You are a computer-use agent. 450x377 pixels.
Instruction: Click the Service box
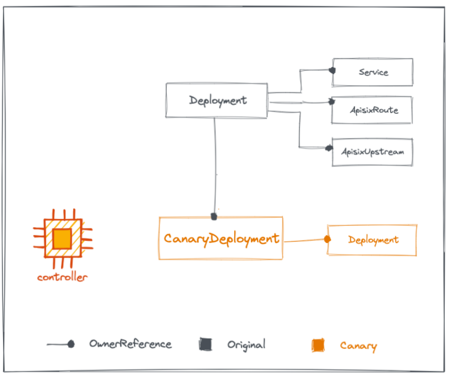pyautogui.click(x=372, y=72)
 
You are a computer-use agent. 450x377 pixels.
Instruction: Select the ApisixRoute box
pyautogui.click(x=372, y=110)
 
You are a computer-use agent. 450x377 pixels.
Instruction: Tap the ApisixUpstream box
pyautogui.click(x=372, y=152)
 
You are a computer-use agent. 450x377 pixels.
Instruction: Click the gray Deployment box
pyautogui.click(x=217, y=101)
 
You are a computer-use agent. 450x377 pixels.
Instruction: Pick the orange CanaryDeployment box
pyautogui.click(x=221, y=238)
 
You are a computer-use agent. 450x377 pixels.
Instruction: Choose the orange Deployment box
pyautogui.click(x=372, y=240)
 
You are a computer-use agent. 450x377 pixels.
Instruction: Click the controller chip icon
pyautogui.click(x=62, y=239)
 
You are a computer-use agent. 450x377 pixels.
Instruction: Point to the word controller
pyautogui.click(x=62, y=277)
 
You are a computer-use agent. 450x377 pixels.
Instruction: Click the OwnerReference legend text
pyautogui.click(x=130, y=344)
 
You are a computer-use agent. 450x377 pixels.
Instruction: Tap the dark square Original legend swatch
pyautogui.click(x=205, y=344)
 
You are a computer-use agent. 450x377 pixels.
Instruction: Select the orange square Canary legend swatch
pyautogui.click(x=318, y=345)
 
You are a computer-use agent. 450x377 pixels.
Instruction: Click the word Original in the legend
pyautogui.click(x=246, y=344)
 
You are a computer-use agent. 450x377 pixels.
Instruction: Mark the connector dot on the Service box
pyautogui.click(x=332, y=70)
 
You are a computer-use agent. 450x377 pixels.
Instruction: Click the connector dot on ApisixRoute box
pyautogui.click(x=332, y=102)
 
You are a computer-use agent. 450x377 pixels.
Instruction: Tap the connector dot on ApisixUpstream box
pyautogui.click(x=329, y=148)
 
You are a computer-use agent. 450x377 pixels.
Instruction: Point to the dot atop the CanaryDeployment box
pyautogui.click(x=213, y=216)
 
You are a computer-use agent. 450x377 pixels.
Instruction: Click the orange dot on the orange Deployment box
pyautogui.click(x=327, y=239)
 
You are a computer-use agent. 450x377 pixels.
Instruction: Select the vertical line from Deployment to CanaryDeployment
pyautogui.click(x=215, y=167)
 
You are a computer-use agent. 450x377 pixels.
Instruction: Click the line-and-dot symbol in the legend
pyautogui.click(x=60, y=344)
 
